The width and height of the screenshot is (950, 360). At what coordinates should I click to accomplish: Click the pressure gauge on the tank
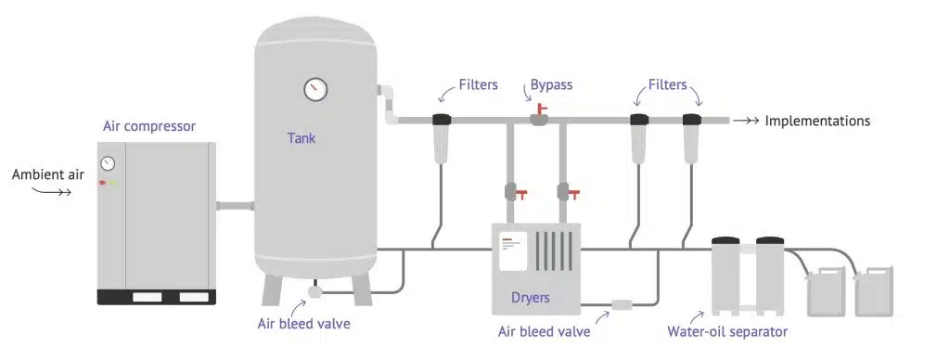(x=315, y=89)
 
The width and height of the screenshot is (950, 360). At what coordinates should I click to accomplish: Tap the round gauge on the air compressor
(x=109, y=164)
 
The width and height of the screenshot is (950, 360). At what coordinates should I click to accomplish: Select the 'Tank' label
(x=302, y=138)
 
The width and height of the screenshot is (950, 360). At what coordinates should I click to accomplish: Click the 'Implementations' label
(x=817, y=121)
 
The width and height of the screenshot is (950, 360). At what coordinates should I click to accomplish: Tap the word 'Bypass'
(x=551, y=85)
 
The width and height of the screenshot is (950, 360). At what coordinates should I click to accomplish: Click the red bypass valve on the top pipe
(x=538, y=116)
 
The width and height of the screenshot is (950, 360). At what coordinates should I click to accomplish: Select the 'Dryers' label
(x=531, y=298)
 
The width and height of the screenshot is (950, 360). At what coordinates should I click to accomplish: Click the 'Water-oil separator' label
(x=726, y=331)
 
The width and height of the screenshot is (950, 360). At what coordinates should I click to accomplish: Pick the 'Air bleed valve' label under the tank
(x=304, y=324)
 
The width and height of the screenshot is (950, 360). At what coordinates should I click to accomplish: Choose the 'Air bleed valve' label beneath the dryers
(x=546, y=331)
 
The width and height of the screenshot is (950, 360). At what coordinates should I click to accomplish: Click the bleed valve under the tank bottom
(x=315, y=290)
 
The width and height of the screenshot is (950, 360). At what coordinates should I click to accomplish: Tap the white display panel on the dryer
(x=513, y=251)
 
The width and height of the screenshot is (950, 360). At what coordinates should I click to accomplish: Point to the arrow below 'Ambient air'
(x=53, y=192)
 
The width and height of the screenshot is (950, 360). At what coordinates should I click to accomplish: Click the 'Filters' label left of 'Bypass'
(x=478, y=85)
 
